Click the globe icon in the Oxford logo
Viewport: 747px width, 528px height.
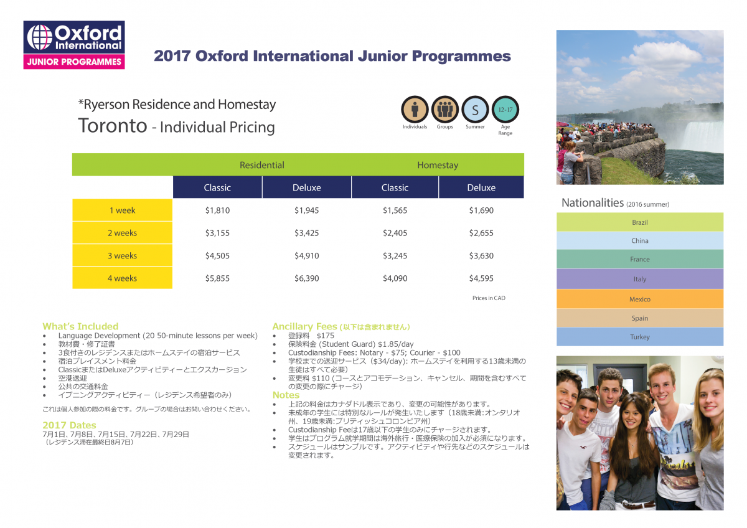40,37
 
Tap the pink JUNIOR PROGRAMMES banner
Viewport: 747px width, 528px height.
74,62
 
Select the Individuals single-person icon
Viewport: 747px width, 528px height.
415,110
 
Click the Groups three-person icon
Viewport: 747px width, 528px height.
445,110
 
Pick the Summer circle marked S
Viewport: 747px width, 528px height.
475,110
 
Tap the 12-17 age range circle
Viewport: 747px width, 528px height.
505,110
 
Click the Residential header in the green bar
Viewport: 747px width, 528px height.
262,165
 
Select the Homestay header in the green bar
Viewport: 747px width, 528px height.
438,165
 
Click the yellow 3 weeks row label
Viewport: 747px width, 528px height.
123,255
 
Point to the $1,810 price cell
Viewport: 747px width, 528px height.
217,210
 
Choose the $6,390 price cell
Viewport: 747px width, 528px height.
306,278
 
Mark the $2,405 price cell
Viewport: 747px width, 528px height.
395,233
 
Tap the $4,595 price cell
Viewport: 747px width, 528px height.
481,278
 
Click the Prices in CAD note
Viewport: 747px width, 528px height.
489,298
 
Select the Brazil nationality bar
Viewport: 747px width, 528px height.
640,222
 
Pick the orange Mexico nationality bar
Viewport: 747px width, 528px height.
640,299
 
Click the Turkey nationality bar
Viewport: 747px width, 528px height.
640,337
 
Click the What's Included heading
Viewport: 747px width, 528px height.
80,326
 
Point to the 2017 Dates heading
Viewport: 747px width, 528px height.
69,425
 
